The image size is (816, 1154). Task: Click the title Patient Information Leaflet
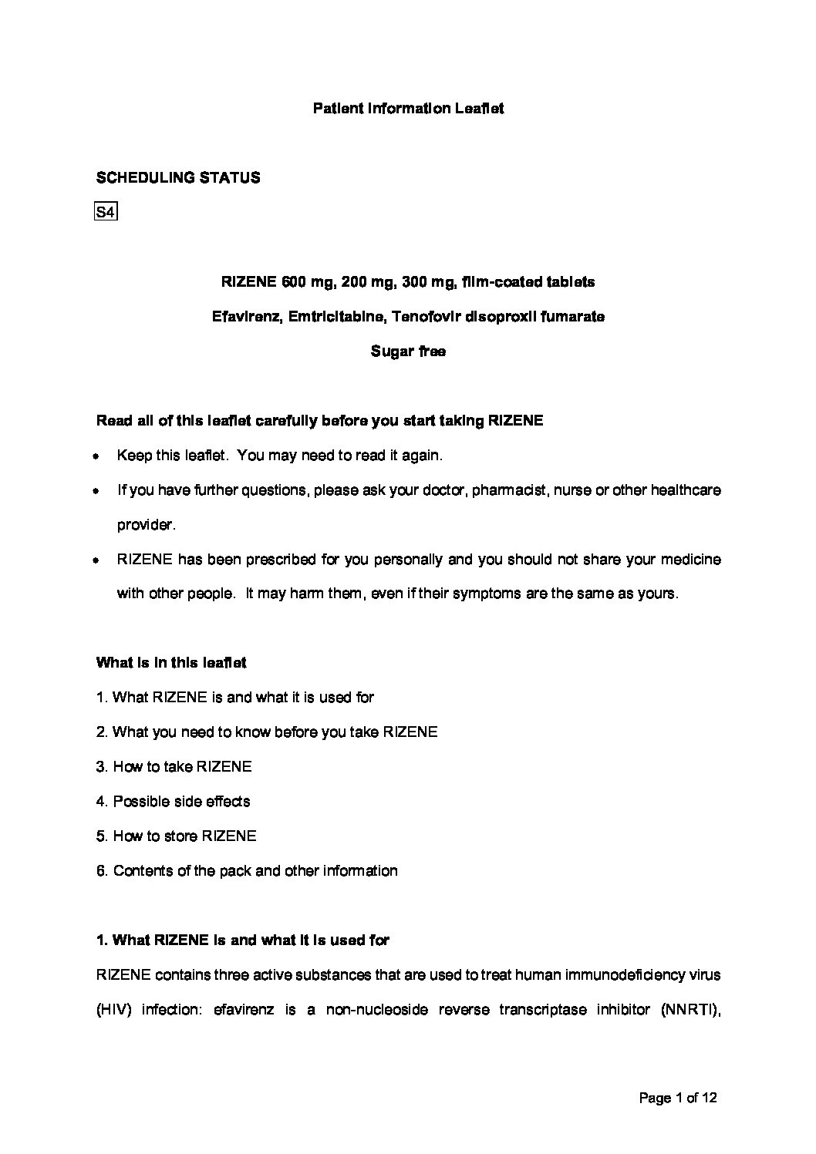[x=408, y=109]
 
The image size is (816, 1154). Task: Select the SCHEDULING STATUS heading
[x=178, y=178]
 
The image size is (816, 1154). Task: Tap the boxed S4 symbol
[x=105, y=212]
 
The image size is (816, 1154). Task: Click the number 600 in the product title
[x=294, y=282]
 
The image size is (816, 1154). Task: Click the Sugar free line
[x=408, y=352]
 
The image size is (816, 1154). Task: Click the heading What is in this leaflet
[x=171, y=663]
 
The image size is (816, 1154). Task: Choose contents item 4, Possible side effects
[x=174, y=802]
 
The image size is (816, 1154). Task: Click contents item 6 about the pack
[x=247, y=871]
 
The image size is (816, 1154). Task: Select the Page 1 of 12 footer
[x=678, y=1098]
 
